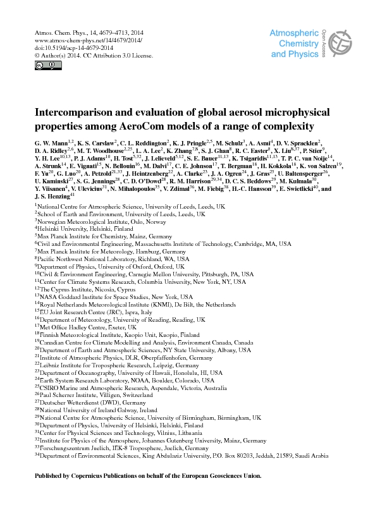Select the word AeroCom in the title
pyautogui.click(x=194, y=125)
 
